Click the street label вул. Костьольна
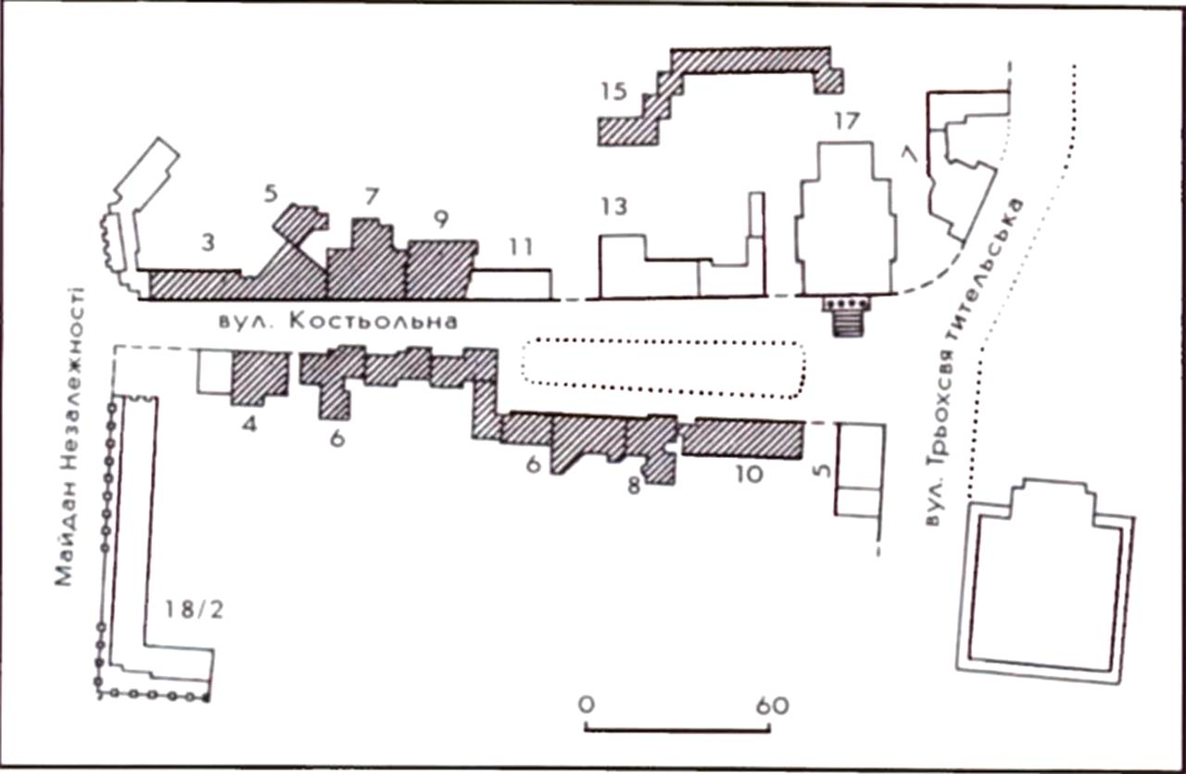pyautogui.click(x=338, y=322)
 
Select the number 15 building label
pyautogui.click(x=613, y=91)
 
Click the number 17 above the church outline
pyautogui.click(x=846, y=121)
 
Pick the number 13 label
pyautogui.click(x=614, y=207)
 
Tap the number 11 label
pyautogui.click(x=521, y=247)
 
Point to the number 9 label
pyautogui.click(x=441, y=219)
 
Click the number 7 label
pyautogui.click(x=372, y=197)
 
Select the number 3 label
pyautogui.click(x=208, y=242)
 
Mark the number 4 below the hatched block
pyautogui.click(x=249, y=424)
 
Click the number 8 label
pyautogui.click(x=634, y=485)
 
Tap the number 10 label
pyautogui.click(x=750, y=475)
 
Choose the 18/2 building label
pyautogui.click(x=195, y=610)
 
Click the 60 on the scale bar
pyautogui.click(x=773, y=705)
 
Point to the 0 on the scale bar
pyautogui.click(x=587, y=705)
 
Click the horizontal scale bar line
pyautogui.click(x=677, y=730)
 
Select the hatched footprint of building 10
pyautogui.click(x=742, y=438)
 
